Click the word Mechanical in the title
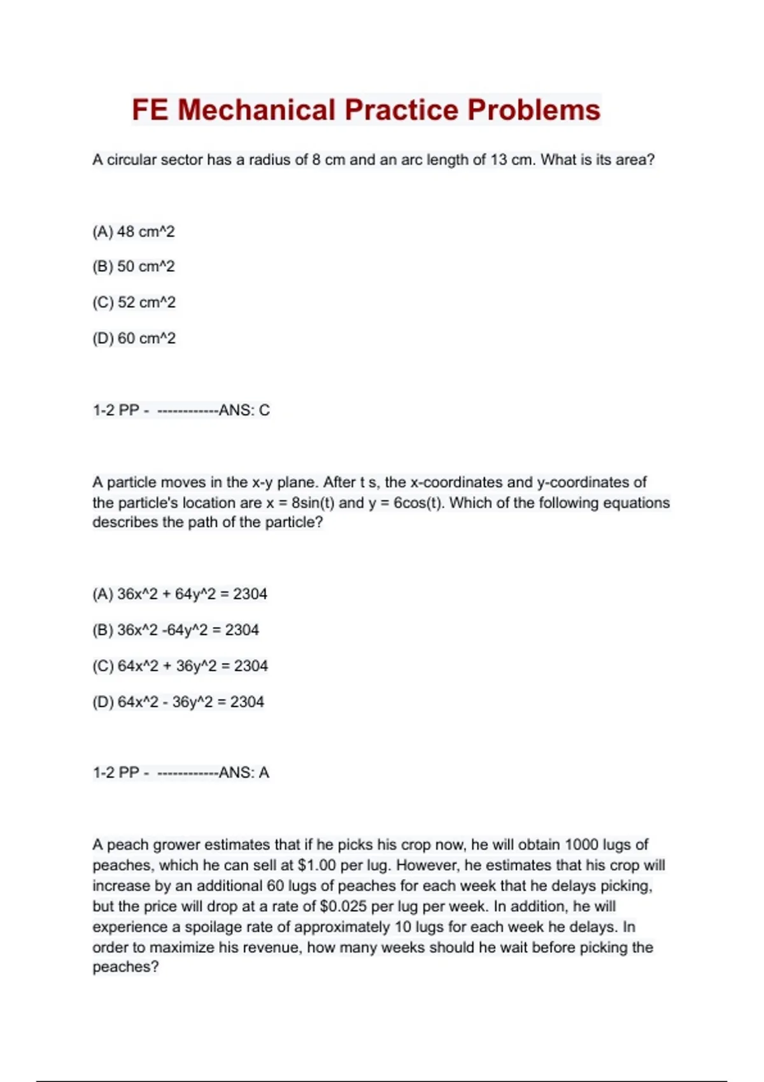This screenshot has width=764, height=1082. click(x=256, y=109)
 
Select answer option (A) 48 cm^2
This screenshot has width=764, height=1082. click(x=133, y=232)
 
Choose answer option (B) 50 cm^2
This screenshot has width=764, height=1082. click(x=133, y=266)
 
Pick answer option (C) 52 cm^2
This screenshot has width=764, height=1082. click(x=134, y=302)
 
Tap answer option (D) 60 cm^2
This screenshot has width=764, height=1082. click(x=134, y=338)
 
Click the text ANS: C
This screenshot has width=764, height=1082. click(x=244, y=411)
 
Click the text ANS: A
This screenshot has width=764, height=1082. click(x=244, y=773)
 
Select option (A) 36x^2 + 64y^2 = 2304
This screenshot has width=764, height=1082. click(x=180, y=594)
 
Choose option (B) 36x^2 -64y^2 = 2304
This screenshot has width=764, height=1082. click(x=176, y=630)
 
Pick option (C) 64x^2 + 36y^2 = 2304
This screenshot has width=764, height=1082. click(x=180, y=666)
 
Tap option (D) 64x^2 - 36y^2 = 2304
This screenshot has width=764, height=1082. click(x=178, y=702)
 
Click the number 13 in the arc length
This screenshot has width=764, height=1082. click(x=499, y=160)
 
